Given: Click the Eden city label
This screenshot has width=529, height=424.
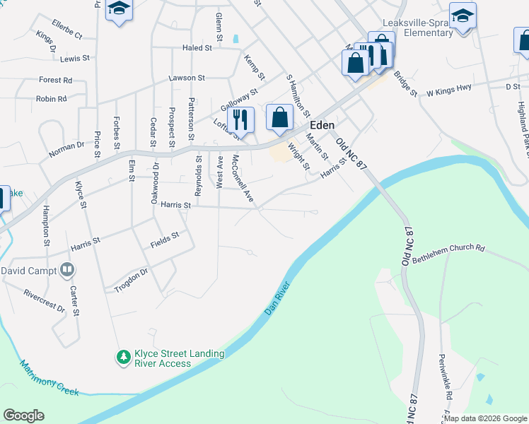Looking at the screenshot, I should [x=322, y=125].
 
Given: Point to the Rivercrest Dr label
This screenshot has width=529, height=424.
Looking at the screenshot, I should [x=44, y=300].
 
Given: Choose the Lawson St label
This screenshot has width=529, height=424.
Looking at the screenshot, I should [x=186, y=78].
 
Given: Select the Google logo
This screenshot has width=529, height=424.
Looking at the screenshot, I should [x=23, y=416].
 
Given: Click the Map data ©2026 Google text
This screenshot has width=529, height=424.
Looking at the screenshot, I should [x=486, y=418].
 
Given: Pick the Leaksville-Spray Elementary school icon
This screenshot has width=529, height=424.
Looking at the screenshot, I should [x=463, y=16].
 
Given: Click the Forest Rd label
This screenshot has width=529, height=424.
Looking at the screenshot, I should [x=56, y=81].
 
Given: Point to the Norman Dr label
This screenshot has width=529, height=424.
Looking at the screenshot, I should [x=66, y=148].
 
